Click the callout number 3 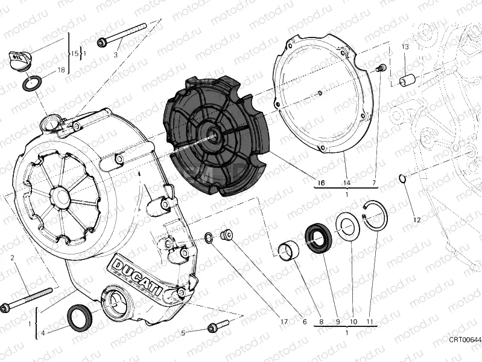pyautogui.click(x=115, y=55)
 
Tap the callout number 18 pyautogui.click(x=60, y=70)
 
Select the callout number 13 pyautogui.click(x=405, y=47)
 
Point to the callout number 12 pyautogui.click(x=416, y=219)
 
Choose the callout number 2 pyautogui.click(x=12, y=258)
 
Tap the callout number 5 pyautogui.click(x=183, y=332)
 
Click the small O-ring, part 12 pyautogui.click(x=402, y=178)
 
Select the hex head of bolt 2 pyautogui.click(x=5, y=308)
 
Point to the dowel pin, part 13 pyautogui.click(x=407, y=79)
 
